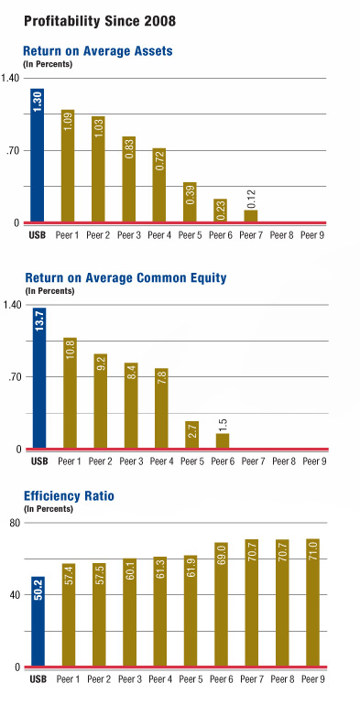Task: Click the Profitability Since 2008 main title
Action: click(89, 19)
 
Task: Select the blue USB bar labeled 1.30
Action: click(38, 156)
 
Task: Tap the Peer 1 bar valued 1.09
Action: click(68, 166)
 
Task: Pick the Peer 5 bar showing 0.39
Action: click(190, 202)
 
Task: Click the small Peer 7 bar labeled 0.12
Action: click(251, 216)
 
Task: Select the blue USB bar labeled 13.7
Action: click(38, 379)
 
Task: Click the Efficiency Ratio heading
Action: click(69, 497)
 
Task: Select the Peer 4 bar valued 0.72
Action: click(159, 185)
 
